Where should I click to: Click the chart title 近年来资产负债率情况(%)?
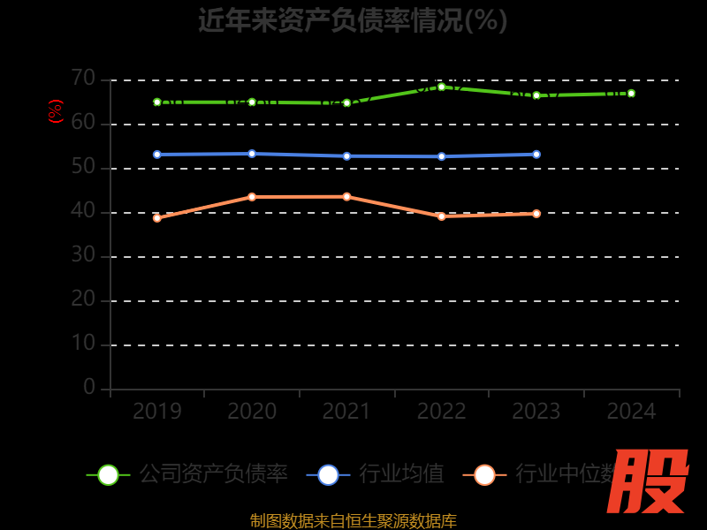coord(353,19)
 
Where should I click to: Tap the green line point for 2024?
coord(631,93)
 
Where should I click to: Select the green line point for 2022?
coord(442,87)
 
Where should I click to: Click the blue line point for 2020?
coord(252,154)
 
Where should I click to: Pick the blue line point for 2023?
coord(536,155)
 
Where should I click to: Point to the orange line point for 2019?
coord(157,217)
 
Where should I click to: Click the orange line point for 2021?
coord(346,196)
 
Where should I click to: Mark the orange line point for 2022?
coord(442,216)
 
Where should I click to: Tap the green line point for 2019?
coord(157,102)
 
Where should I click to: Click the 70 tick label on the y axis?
coord(83,79)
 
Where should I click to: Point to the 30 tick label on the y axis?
coord(83,255)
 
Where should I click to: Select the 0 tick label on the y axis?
coord(89,387)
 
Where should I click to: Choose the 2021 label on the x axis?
coord(346,411)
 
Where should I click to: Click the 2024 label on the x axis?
coord(631,411)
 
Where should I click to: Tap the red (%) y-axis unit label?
coord(56,111)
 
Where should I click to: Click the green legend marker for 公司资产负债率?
coord(108,474)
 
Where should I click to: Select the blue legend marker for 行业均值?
coord(328,474)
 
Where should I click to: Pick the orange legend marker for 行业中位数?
coord(484,474)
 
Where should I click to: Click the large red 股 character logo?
coord(648,481)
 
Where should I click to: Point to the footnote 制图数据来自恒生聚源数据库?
coord(353,521)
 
